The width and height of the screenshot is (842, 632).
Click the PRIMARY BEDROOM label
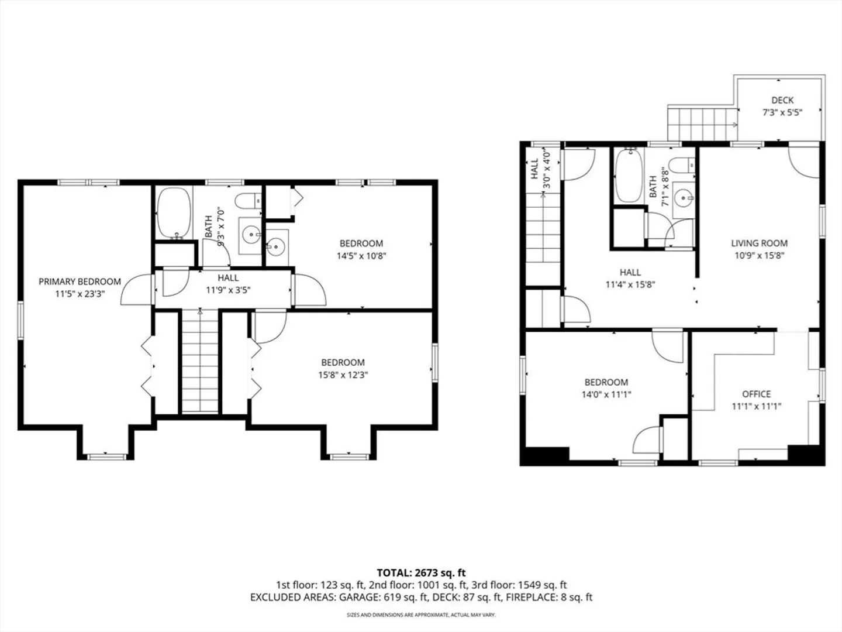pos(80,281)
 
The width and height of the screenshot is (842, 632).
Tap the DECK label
pos(782,100)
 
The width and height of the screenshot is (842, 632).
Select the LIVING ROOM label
pos(759,243)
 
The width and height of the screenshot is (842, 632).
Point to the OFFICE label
pos(757,394)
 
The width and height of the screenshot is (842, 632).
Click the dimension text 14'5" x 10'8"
pos(361,256)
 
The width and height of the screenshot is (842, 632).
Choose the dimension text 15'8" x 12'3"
pos(343,375)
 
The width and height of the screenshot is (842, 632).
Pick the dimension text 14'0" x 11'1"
pos(606,394)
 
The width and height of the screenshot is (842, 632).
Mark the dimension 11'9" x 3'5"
pos(228,290)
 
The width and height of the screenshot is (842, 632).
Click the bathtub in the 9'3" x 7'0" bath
pos(174,213)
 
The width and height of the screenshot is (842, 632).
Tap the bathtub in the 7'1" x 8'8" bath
pos(629,176)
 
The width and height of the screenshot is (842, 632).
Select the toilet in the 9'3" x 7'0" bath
pos(248,201)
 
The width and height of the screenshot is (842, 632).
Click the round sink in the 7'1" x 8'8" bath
pos(684,198)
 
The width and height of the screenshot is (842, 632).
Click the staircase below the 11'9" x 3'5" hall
pos(199,361)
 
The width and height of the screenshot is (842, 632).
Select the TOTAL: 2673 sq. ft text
pos(421,573)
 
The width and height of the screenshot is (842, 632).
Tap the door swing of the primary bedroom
pos(136,289)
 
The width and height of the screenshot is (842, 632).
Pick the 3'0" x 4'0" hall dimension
pos(547,170)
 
